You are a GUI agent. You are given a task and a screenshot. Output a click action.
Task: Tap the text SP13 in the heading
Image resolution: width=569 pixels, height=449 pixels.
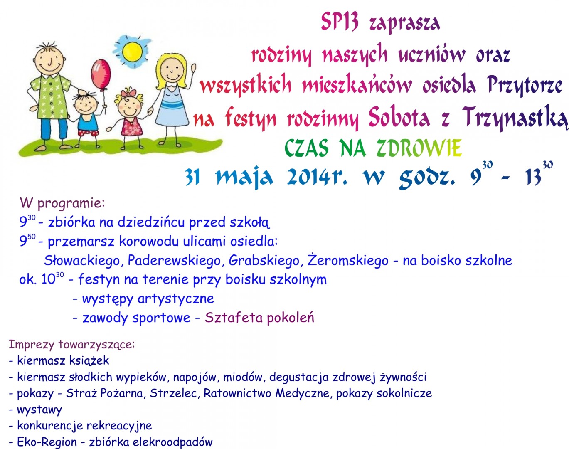(340, 22)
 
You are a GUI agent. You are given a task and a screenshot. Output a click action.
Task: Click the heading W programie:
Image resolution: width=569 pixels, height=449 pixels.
(62, 204)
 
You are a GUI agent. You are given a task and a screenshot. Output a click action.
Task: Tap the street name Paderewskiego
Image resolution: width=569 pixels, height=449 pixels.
(174, 261)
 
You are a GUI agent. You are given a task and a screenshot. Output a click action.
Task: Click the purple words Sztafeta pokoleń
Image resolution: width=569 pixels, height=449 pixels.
(259, 318)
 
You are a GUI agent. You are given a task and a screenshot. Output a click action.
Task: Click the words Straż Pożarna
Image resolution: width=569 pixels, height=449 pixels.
(104, 393)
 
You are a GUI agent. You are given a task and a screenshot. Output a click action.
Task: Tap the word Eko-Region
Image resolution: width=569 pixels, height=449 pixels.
(47, 442)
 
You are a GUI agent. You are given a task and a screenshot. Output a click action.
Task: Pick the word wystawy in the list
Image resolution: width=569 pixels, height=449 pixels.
(39, 410)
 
